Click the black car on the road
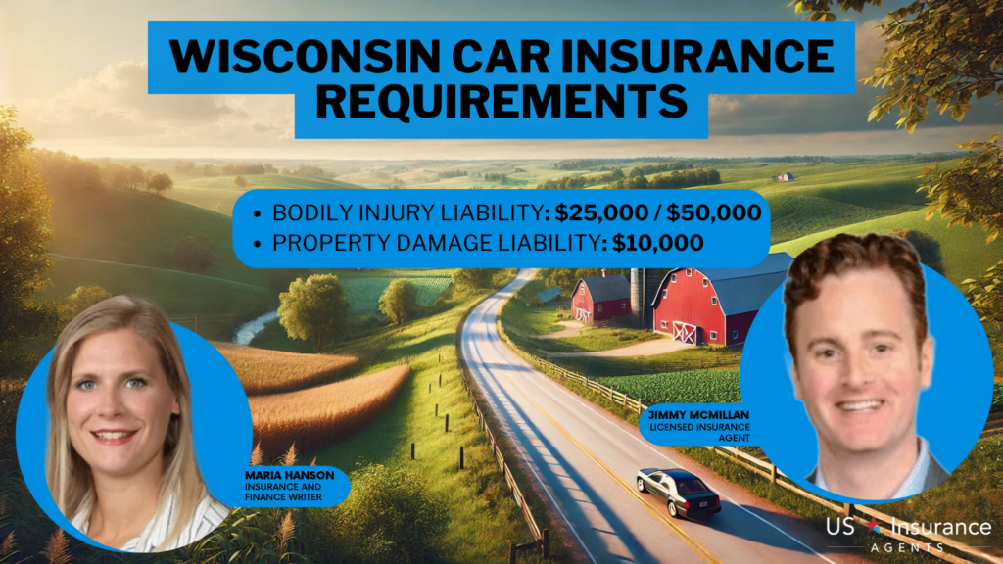click(678, 491)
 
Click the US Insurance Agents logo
click(907, 530)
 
